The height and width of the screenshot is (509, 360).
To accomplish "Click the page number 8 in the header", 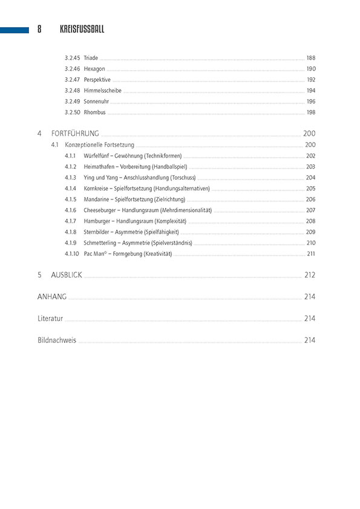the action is (39, 29).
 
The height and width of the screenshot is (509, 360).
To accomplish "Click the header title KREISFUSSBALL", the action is (82, 29).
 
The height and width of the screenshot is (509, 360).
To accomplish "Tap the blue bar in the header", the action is (15, 29).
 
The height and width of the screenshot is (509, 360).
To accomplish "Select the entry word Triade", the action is (91, 58).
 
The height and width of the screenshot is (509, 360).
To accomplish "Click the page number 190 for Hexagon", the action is (311, 69).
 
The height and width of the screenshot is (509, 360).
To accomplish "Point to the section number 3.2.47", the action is (72, 80).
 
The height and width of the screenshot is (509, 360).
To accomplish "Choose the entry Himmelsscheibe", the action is (102, 91).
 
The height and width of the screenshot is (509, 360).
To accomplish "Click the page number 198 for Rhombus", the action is (311, 112).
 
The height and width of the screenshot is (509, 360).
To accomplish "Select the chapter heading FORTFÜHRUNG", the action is (75, 133).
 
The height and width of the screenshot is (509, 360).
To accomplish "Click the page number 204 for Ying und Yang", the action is (311, 178).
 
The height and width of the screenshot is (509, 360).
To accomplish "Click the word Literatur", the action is (50, 319).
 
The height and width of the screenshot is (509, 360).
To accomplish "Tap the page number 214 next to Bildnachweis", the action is (310, 340).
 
